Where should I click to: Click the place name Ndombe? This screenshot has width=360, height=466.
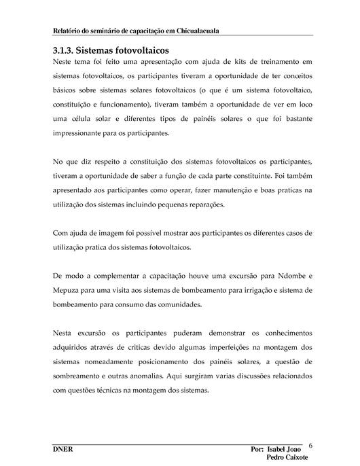(x=282, y=276)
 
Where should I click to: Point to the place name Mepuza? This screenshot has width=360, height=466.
(x=67, y=290)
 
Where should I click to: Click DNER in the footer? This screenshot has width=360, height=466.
(x=62, y=450)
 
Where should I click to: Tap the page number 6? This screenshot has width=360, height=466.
(x=310, y=446)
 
